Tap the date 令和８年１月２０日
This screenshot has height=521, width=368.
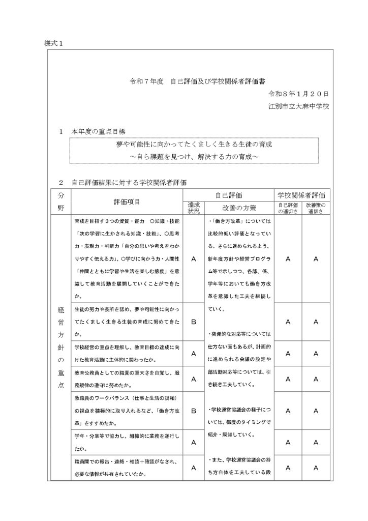pos(299,94)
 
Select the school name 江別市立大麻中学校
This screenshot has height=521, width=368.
pos(299,107)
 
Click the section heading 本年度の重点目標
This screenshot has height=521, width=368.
pos(99,131)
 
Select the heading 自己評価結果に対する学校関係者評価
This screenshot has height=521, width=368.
pos(132,182)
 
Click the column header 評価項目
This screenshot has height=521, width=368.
pos(127,201)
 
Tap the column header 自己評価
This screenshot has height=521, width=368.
pos(228,195)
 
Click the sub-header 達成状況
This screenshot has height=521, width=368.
pos(194,208)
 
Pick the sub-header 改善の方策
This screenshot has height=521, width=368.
pos(239,208)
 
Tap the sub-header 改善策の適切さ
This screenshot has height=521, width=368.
pos(316,208)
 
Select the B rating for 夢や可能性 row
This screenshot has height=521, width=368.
pos(194,322)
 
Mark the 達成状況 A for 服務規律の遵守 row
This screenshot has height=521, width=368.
pos(194,379)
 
